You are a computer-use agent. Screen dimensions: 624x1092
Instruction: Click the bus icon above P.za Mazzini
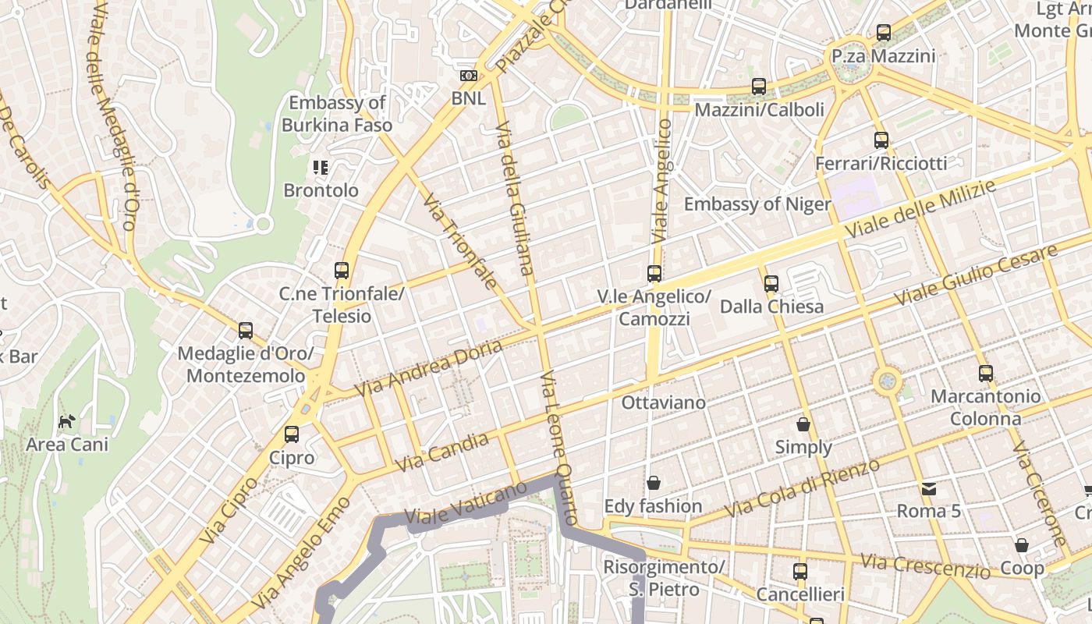884,33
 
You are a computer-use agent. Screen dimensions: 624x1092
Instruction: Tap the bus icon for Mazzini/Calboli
759,87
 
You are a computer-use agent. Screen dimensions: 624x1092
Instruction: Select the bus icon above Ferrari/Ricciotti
881,140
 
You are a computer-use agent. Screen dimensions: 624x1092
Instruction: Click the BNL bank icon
468,76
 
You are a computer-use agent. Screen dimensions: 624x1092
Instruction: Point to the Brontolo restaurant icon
321,167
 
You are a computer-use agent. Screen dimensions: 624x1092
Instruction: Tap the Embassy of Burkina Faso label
337,114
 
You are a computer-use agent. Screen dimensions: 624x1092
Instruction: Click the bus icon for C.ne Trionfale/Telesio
342,271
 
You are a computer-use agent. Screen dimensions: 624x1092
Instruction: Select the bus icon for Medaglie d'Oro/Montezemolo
246,331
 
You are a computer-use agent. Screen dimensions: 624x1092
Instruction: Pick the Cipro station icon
292,434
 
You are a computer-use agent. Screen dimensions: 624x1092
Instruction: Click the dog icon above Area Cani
67,421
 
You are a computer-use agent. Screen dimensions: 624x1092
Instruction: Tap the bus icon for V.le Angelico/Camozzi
654,274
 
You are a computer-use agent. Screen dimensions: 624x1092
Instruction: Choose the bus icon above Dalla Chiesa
771,284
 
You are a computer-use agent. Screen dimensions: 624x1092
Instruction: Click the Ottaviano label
663,403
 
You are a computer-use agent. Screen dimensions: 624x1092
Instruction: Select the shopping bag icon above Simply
803,425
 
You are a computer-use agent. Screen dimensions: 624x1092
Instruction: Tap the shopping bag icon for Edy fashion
654,484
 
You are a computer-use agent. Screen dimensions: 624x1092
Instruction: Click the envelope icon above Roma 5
928,489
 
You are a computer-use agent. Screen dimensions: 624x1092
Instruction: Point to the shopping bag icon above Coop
1022,545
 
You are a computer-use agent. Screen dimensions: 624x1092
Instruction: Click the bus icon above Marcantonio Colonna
986,374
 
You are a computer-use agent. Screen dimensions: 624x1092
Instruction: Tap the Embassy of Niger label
757,204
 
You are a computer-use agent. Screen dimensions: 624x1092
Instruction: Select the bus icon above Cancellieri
800,572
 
